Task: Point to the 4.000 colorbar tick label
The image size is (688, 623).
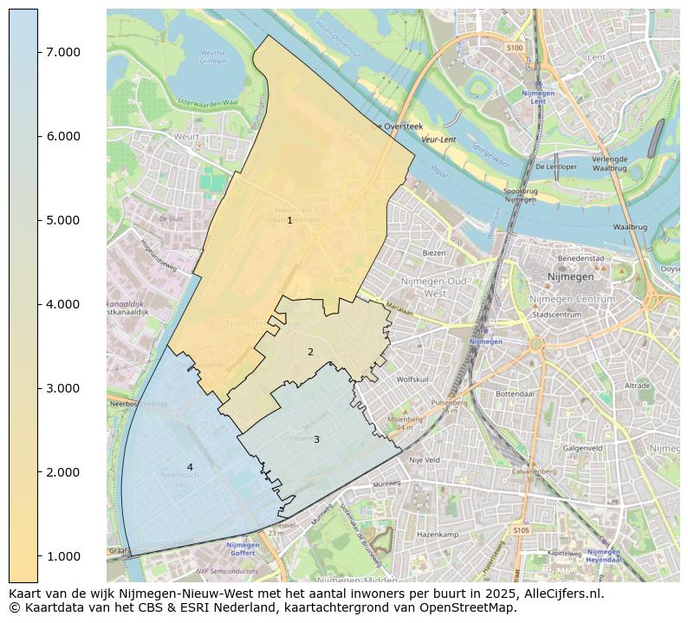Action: click(x=62, y=304)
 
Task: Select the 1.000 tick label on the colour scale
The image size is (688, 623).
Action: click(x=62, y=556)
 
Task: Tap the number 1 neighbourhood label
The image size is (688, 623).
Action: click(x=289, y=221)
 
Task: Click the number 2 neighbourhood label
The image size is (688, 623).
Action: click(x=310, y=352)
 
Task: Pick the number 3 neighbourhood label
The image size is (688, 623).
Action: click(x=316, y=439)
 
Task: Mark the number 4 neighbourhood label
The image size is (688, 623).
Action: click(x=190, y=467)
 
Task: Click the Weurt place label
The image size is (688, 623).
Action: click(x=186, y=137)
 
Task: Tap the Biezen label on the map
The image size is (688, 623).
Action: click(x=433, y=253)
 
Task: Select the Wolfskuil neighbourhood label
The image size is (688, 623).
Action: click(x=412, y=380)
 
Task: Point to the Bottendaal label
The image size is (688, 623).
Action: click(x=515, y=393)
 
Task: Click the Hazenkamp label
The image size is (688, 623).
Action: click(x=437, y=535)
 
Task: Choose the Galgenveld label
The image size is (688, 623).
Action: click(x=582, y=448)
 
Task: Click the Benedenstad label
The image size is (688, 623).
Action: click(x=581, y=258)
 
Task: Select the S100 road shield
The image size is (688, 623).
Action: click(x=515, y=48)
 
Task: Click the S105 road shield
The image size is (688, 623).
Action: click(x=520, y=529)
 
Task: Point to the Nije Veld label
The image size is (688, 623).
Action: click(x=425, y=460)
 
